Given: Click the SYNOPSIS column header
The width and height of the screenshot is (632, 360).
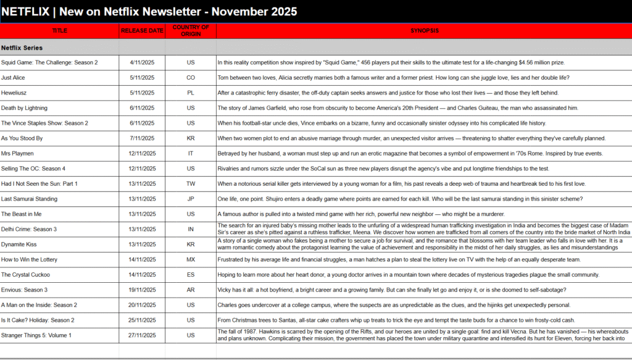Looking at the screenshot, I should [x=424, y=30].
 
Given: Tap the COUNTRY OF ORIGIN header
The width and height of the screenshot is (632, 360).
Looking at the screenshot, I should [x=191, y=30].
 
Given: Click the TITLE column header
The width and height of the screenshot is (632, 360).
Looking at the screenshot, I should [x=60, y=30].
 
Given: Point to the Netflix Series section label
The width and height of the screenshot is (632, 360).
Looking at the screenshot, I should [x=22, y=47].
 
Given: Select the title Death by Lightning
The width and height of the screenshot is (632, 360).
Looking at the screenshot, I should [x=25, y=108].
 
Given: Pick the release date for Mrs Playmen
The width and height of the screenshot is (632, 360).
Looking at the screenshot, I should [x=142, y=153].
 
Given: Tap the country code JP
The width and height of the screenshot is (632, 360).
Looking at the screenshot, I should [x=191, y=199].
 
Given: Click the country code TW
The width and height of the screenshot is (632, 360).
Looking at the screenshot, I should [x=191, y=183].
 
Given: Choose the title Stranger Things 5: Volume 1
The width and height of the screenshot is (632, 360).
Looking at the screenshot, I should [x=36, y=335].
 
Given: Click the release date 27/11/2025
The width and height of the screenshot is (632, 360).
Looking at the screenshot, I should [x=142, y=335].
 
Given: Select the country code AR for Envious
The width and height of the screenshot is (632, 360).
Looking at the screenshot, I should [x=191, y=290].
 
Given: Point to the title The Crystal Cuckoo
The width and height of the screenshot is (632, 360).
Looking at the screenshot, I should [x=25, y=275].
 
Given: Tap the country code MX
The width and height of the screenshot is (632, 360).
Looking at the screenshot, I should [x=191, y=259].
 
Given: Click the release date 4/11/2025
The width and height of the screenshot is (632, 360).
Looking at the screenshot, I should [x=142, y=62].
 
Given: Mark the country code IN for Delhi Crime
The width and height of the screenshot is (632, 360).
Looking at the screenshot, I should [x=191, y=229].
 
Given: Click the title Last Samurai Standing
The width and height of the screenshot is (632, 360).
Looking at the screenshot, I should [x=29, y=199].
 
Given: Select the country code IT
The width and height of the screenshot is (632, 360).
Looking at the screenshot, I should [x=191, y=153].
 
